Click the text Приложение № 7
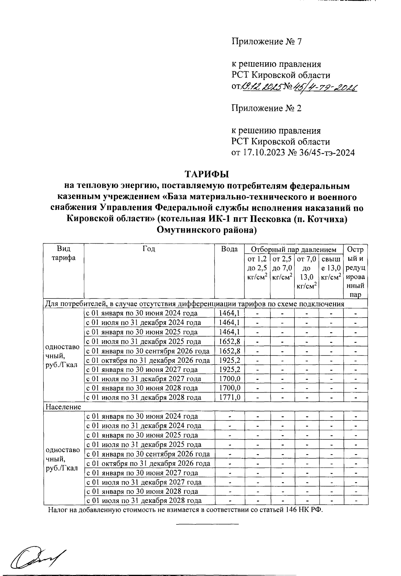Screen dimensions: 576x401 click(x=267, y=42)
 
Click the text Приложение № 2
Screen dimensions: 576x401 click(x=267, y=108)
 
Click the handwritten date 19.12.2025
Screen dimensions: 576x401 click(x=261, y=87)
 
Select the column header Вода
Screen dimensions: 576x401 click(x=230, y=249)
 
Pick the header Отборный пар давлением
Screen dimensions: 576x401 click(x=293, y=250)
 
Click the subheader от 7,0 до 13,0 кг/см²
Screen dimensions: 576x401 click(x=306, y=272)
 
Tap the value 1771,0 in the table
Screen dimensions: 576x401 click(x=230, y=398)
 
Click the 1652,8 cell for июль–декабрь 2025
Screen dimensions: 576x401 click(x=230, y=342)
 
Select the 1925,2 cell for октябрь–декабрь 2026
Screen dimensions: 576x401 click(x=230, y=360)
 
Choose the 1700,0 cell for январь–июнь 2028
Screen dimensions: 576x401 click(x=230, y=388)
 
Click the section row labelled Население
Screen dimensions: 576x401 click(x=63, y=407)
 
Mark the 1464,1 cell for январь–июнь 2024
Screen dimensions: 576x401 click(x=230, y=313)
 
